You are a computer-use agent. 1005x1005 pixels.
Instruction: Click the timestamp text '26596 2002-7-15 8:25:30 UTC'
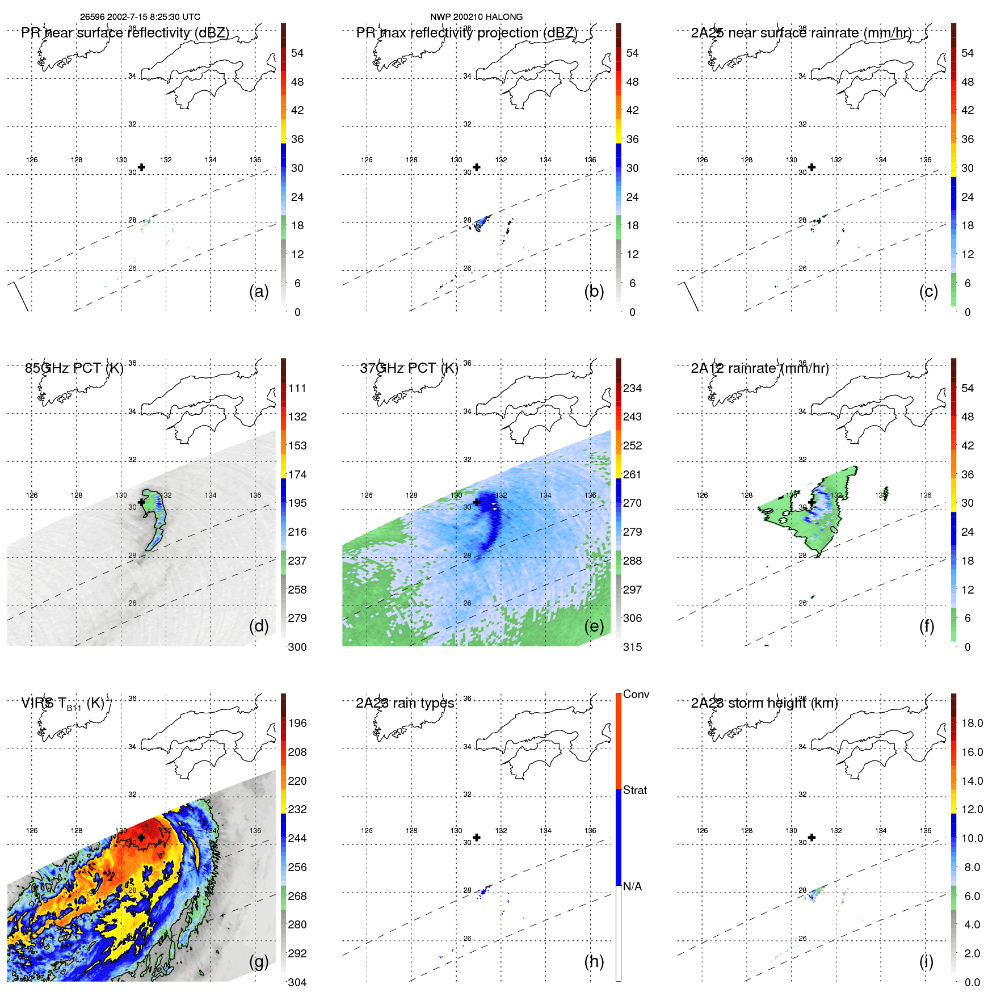140,17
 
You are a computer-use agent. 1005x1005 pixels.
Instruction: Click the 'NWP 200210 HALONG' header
476,17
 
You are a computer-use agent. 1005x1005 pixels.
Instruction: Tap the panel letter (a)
259,291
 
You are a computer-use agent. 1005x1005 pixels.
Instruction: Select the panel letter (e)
594,626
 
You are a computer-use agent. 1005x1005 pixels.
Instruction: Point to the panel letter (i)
926,961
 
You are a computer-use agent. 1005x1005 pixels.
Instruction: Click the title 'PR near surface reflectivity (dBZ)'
125,33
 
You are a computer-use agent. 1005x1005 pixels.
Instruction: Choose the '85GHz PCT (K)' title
74,368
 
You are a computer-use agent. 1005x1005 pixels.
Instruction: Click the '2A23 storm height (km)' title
764,703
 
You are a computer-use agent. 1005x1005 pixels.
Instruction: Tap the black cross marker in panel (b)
477,167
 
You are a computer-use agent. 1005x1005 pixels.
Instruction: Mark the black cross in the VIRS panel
141,837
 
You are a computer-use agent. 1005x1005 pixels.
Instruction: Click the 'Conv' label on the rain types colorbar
636,694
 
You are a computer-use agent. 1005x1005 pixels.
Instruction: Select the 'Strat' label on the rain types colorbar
635,790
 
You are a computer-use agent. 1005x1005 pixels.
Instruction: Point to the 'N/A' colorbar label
633,886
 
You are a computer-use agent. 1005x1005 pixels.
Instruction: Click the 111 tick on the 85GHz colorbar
297,388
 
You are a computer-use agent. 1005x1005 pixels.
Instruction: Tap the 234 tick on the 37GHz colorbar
632,388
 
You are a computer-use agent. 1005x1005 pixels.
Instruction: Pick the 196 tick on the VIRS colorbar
297,723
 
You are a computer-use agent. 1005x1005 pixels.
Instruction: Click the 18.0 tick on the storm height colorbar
972,723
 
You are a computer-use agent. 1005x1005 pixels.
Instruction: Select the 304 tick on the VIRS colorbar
297,982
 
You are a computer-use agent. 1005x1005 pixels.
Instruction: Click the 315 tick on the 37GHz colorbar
632,647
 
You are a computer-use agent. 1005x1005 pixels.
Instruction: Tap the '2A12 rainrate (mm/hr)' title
759,368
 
